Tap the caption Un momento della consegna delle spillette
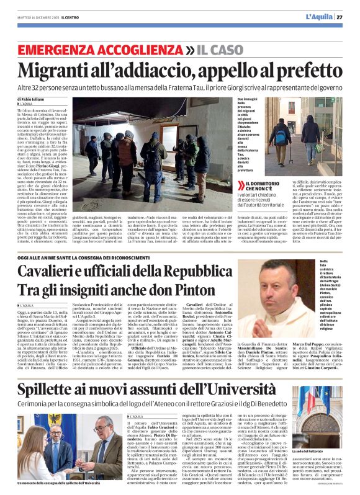[x=59, y=482]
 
